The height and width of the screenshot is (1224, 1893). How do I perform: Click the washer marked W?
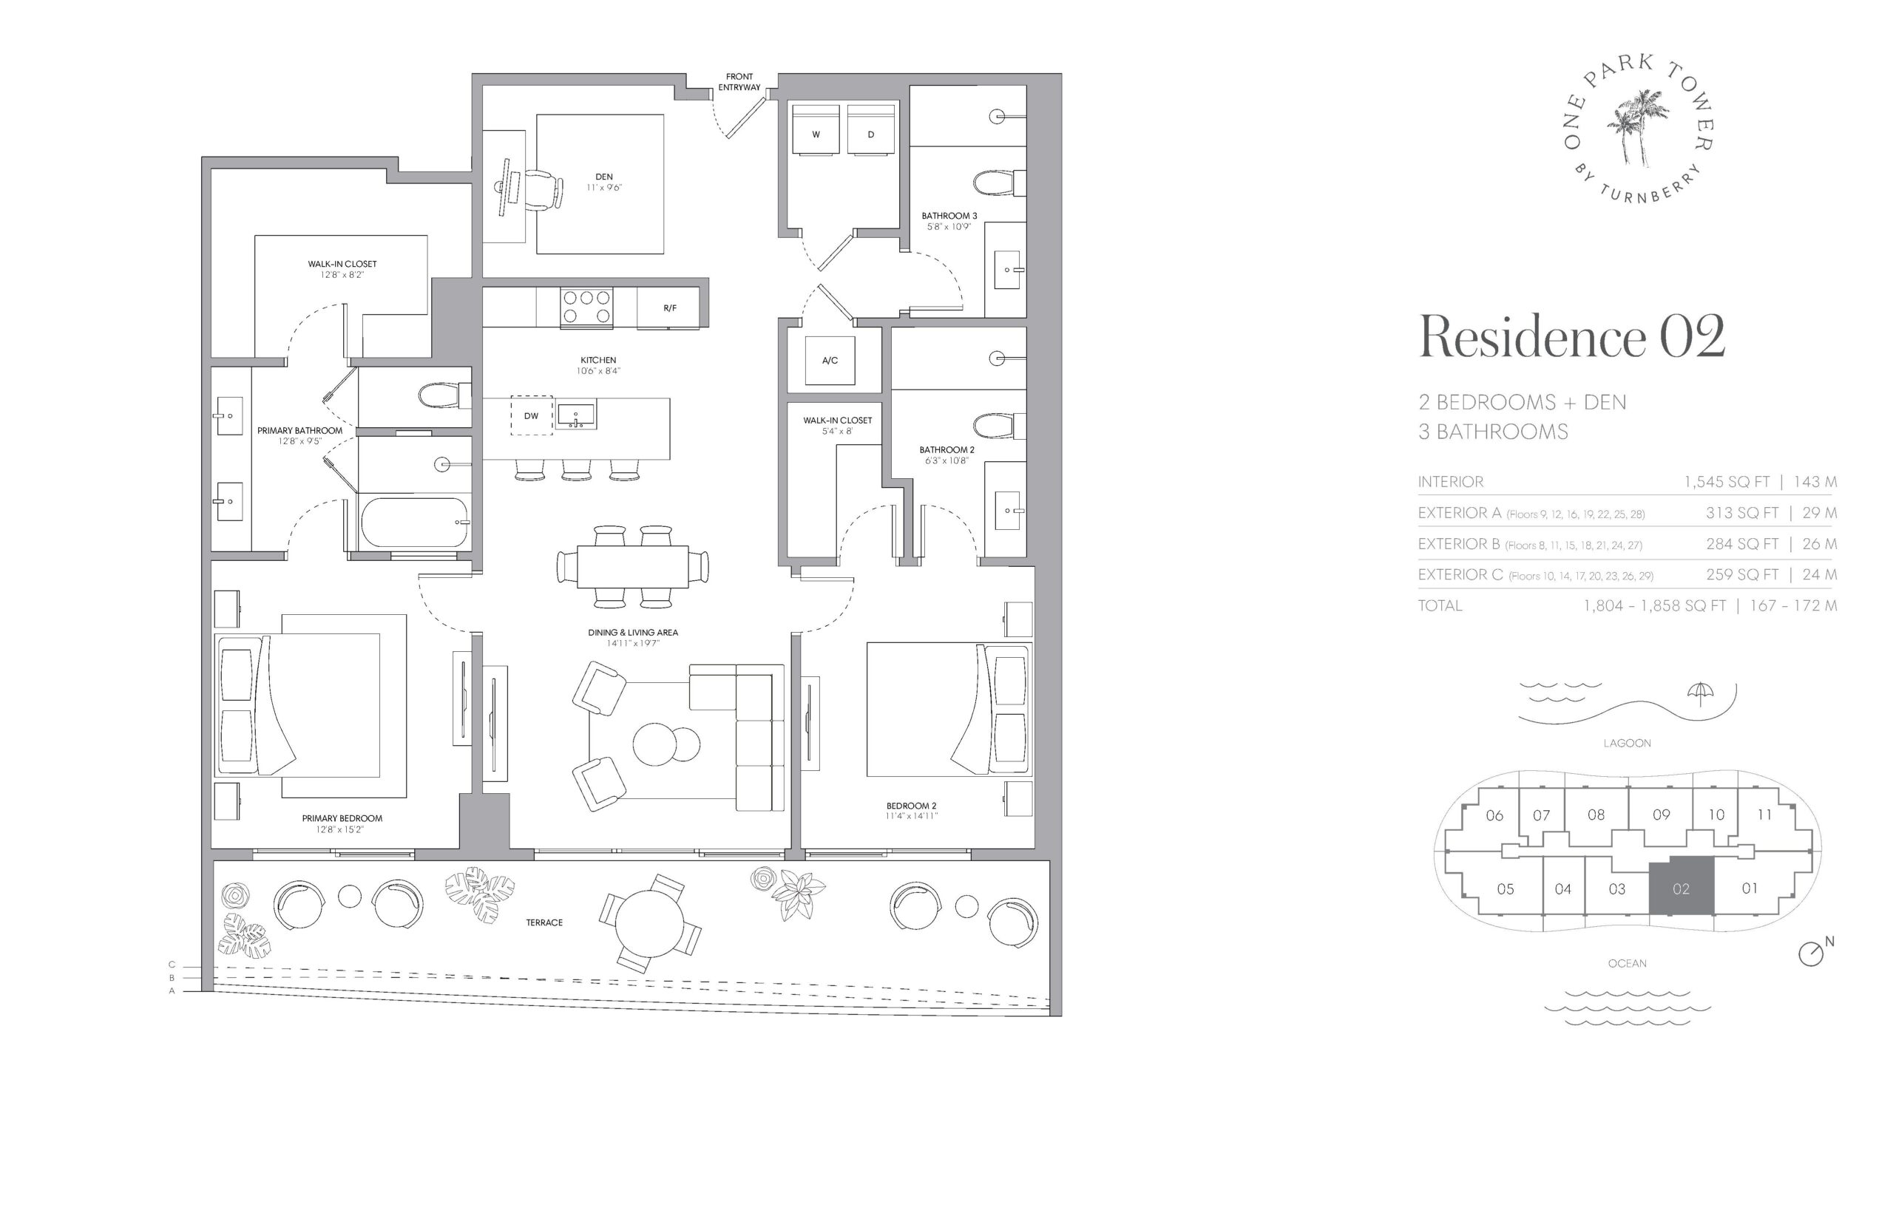(x=815, y=129)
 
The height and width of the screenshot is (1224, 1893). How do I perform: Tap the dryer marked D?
(x=870, y=129)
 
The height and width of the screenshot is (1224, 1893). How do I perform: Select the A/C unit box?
(x=829, y=360)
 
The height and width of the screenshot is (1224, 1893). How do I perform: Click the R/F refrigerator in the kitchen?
(x=668, y=307)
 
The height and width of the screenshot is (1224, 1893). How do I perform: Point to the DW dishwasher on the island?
(x=531, y=415)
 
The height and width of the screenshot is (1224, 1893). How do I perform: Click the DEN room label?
(x=603, y=177)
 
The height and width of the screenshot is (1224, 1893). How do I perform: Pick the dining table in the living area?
(x=633, y=566)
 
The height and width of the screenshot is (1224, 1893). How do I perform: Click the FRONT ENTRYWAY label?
(x=739, y=82)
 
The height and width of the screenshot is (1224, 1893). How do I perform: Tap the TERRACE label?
(x=543, y=922)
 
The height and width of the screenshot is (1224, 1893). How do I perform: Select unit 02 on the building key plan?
(x=1680, y=887)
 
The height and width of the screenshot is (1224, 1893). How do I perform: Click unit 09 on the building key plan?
(x=1661, y=815)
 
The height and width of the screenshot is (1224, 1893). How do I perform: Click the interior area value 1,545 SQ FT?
(x=1726, y=482)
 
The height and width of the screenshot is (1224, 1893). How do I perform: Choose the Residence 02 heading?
(x=1572, y=337)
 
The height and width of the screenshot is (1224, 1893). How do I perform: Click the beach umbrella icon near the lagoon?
(x=1699, y=693)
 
